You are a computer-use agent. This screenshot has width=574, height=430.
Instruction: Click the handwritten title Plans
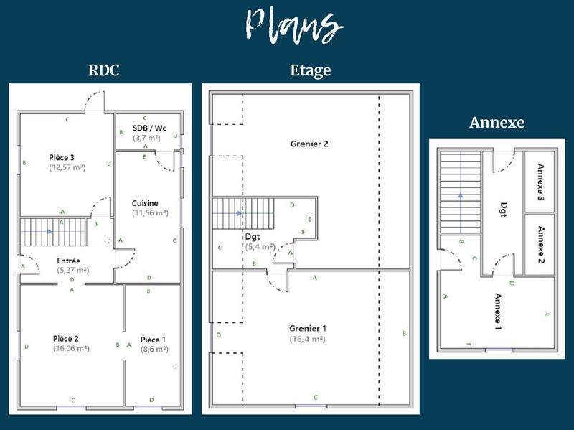click(x=290, y=27)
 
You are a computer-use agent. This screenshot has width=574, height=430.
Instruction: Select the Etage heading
click(x=310, y=70)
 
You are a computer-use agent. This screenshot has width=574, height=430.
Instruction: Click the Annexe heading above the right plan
click(x=497, y=122)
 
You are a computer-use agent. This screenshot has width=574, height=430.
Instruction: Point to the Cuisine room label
click(x=145, y=203)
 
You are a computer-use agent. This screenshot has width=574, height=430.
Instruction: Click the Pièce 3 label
click(x=62, y=157)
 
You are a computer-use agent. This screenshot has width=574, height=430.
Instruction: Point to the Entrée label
click(x=69, y=261)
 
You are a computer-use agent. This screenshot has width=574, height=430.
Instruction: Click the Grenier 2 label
click(x=309, y=144)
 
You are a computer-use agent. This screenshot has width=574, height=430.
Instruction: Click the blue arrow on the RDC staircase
click(x=48, y=232)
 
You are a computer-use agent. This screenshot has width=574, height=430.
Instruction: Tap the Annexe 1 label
click(x=497, y=311)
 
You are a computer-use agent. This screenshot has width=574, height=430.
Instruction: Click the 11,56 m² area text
click(x=149, y=213)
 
